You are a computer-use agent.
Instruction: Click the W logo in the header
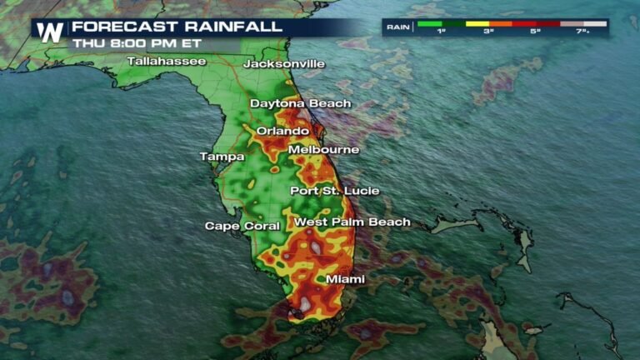point(50,32)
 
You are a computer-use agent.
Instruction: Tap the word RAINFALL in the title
point(230,26)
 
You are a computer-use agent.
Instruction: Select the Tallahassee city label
point(167,62)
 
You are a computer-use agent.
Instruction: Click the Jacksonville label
point(284,64)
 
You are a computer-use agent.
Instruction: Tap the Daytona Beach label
point(301,103)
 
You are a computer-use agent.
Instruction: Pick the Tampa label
point(222,157)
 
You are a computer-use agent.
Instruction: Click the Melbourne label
point(324,150)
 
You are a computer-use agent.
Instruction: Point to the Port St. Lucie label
point(334,191)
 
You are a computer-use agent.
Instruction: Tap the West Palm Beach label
point(352,222)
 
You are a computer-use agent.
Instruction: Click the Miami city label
point(345,279)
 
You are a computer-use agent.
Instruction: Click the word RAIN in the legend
point(397,27)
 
